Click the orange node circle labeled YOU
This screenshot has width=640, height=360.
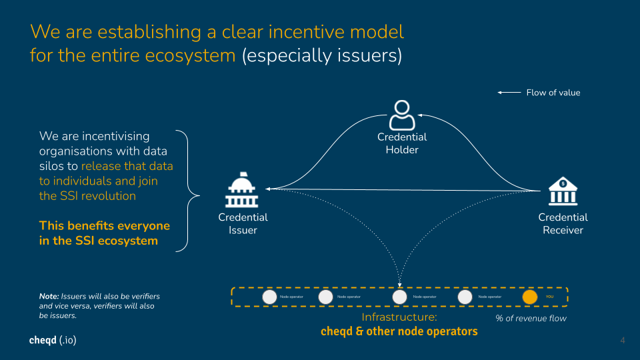[530, 297]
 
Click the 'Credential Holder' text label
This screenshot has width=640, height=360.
[402, 143]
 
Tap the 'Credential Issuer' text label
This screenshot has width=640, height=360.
[243, 223]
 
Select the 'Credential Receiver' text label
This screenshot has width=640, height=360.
[563, 223]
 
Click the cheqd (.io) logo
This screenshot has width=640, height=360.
[53, 341]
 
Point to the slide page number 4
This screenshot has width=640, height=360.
[623, 341]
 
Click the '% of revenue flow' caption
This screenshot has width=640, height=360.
[531, 318]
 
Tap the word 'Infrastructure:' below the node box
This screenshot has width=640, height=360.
[399, 317]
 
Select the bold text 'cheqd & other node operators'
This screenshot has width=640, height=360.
[399, 331]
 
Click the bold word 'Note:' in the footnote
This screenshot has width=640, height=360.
[49, 296]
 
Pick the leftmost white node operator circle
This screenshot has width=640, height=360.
[269, 297]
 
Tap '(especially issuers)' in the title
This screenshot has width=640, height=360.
[322, 55]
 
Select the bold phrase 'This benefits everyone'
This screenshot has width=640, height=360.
[105, 225]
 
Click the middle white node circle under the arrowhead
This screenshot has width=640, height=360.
[399, 297]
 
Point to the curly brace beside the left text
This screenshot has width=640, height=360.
[188, 191]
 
